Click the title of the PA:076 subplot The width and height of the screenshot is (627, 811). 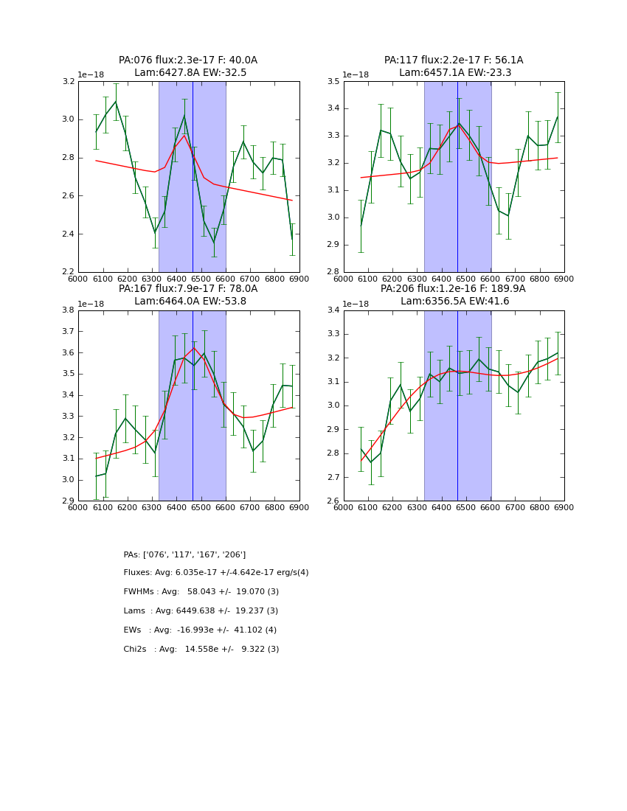(x=188, y=66)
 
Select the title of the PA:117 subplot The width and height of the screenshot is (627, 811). (x=454, y=66)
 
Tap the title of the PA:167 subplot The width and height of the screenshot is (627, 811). (x=188, y=295)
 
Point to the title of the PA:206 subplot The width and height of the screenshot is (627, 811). (x=454, y=295)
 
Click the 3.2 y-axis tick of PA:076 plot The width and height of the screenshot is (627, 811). (x=68, y=81)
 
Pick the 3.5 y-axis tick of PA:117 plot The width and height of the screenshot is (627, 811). (x=333, y=81)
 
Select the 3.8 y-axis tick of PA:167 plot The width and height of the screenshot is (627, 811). (x=68, y=310)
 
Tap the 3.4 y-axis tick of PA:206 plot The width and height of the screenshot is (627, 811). (x=333, y=310)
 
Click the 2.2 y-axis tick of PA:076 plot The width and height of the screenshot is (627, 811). (x=68, y=272)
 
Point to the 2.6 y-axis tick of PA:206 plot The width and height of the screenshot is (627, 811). (x=333, y=501)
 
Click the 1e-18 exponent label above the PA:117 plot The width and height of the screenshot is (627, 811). (x=356, y=75)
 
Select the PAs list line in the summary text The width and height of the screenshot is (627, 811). (x=184, y=554)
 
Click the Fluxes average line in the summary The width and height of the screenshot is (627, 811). (x=216, y=573)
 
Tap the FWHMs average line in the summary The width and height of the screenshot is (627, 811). (x=201, y=592)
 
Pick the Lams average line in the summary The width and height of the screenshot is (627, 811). (x=201, y=611)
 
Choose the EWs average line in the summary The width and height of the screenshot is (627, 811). (x=200, y=630)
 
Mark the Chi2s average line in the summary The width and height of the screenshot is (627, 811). (x=201, y=650)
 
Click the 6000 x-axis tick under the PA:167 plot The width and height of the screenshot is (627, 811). (x=77, y=508)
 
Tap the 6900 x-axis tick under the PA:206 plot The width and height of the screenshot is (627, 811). (x=564, y=508)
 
